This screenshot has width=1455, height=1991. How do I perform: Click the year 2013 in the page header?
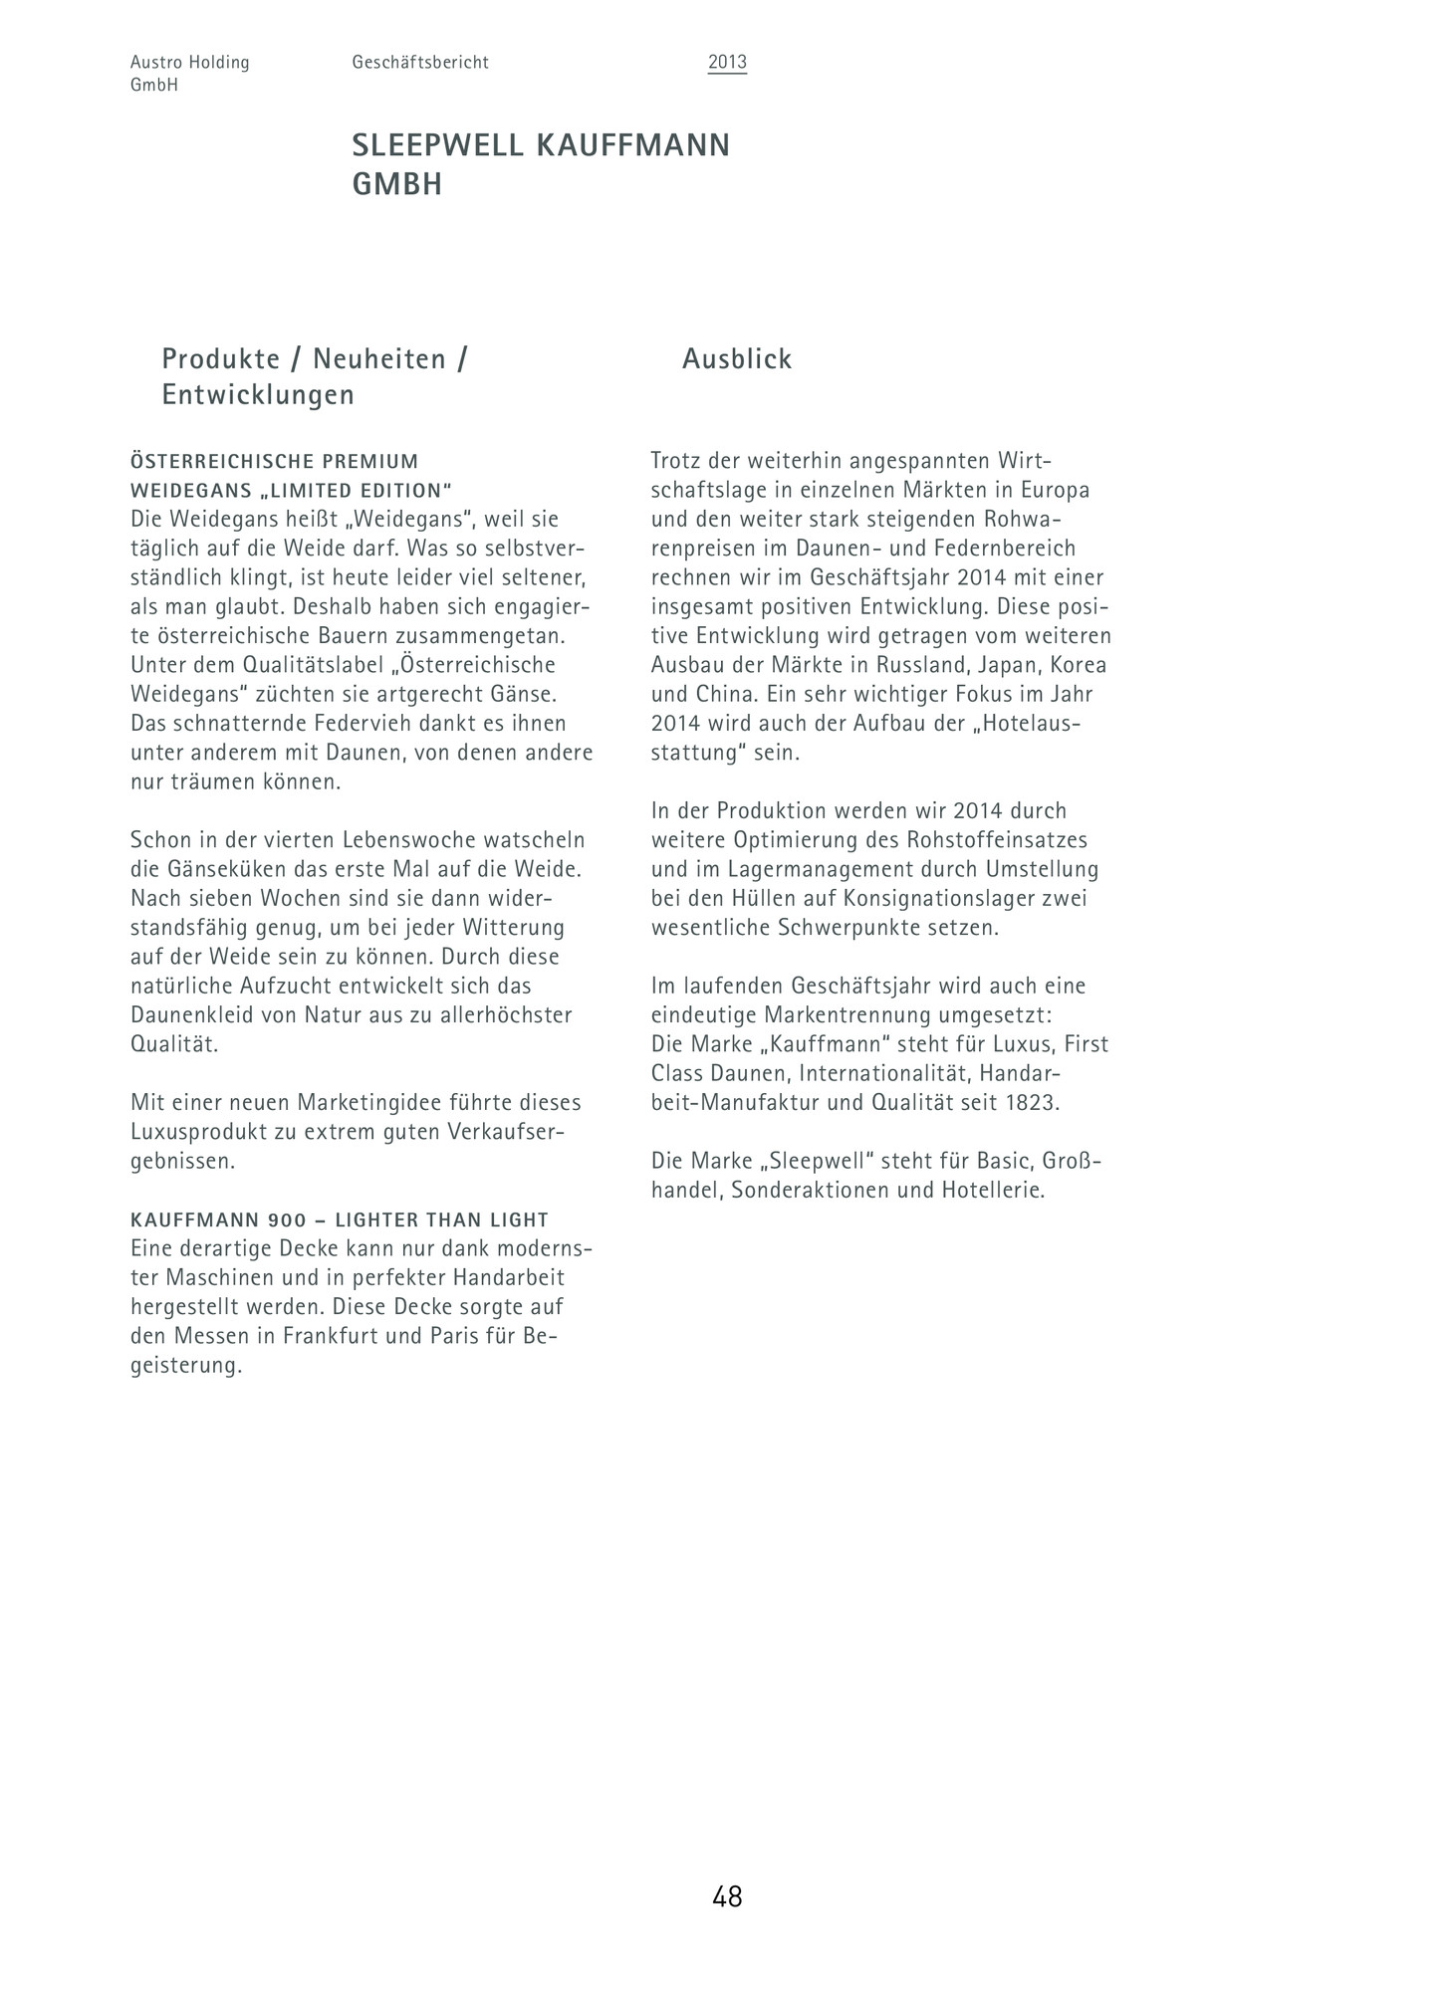coord(727,63)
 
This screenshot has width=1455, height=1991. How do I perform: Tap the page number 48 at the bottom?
coord(727,1897)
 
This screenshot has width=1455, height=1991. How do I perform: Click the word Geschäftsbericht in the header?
coord(420,63)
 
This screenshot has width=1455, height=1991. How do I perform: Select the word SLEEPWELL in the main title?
coord(437,145)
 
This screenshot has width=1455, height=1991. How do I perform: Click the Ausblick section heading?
coord(737,359)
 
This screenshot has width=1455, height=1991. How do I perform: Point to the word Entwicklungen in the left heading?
coord(258,395)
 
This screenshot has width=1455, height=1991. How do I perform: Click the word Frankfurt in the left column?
coord(331,1336)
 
